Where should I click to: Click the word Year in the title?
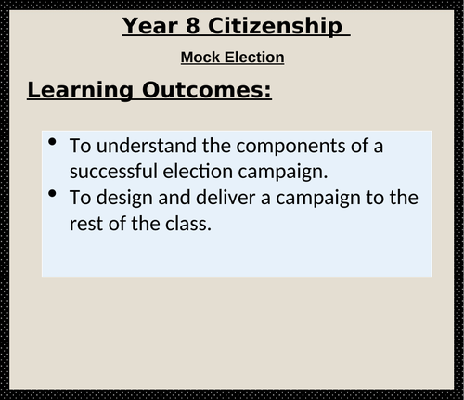tap(152, 26)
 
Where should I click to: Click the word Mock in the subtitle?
tap(200, 58)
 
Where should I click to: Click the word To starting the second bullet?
tap(80, 199)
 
